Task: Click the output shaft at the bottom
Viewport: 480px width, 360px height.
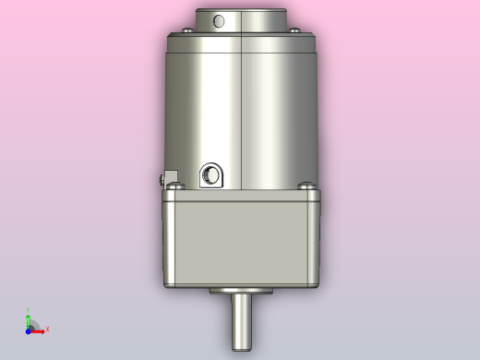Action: click(240, 319)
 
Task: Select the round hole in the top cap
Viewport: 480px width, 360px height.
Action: click(219, 20)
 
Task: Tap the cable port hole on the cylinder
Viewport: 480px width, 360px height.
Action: click(210, 174)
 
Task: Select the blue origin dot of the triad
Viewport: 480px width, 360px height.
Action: click(29, 329)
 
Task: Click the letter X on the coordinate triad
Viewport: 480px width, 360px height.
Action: click(47, 329)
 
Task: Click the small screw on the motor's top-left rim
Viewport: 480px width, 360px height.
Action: click(177, 34)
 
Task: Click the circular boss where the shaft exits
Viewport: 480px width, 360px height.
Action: click(240, 291)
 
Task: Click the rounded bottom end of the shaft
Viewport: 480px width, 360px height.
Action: click(240, 347)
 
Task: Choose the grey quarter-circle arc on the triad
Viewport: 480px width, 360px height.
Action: click(35, 322)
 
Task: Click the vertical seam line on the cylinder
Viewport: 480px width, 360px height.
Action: click(240, 111)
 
